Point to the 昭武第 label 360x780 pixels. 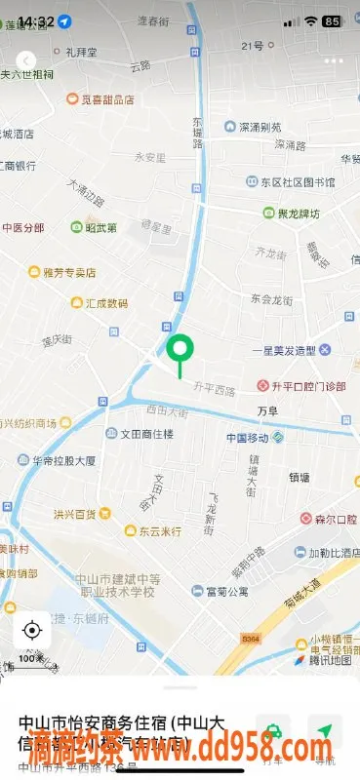pyautogui.click(x=100, y=228)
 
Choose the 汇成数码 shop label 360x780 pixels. pyautogui.click(x=105, y=303)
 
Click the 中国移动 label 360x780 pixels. pyautogui.click(x=249, y=437)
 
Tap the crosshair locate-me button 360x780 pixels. pyautogui.click(x=32, y=630)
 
